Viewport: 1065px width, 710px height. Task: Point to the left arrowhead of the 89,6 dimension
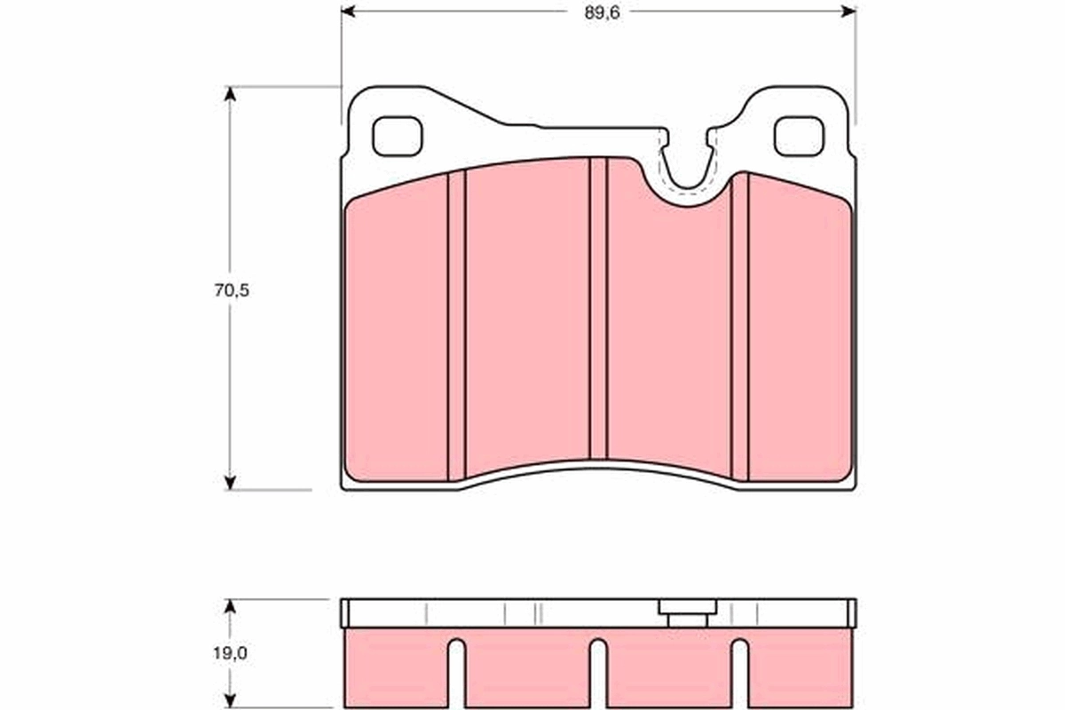[x=348, y=12]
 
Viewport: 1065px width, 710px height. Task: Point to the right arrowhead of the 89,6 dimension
[x=849, y=12]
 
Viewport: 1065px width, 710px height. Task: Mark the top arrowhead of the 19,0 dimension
[x=231, y=606]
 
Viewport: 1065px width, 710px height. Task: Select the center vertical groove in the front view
[x=598, y=311]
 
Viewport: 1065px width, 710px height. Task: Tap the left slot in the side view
[x=456, y=674]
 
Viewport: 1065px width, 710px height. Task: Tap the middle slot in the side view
[x=598, y=674]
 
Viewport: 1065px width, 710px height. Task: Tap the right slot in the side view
[x=740, y=674]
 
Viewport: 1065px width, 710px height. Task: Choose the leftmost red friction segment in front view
[x=396, y=337]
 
